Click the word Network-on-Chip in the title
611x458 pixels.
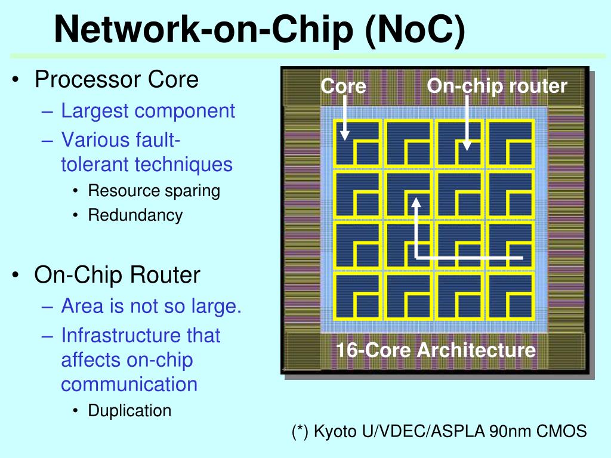tap(203, 29)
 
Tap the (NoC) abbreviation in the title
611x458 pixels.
tap(415, 30)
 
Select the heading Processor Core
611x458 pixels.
tap(116, 79)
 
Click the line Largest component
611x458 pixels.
tap(148, 111)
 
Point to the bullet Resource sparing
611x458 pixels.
tap(154, 191)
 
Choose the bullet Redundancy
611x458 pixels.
tap(135, 215)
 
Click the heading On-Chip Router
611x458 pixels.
tap(117, 274)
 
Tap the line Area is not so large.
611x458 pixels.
tap(151, 306)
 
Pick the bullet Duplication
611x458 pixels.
tap(129, 410)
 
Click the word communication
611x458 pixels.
tap(129, 384)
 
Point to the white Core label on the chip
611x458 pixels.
tap(343, 86)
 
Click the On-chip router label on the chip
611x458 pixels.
tap(497, 86)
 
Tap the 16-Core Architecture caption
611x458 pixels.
tap(436, 349)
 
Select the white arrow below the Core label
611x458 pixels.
tap(345, 117)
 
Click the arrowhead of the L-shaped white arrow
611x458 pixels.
tap(416, 203)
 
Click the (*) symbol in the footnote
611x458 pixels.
tap(300, 432)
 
